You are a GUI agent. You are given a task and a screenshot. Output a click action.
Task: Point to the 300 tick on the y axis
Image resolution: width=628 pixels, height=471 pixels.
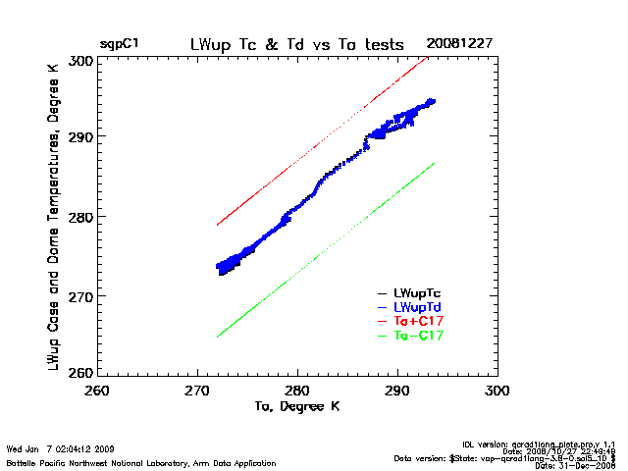[x=81, y=60]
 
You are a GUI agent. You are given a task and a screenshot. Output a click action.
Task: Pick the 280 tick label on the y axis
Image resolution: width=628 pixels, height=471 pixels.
[x=81, y=216]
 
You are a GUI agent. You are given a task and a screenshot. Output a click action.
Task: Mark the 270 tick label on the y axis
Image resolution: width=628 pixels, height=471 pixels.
[x=81, y=295]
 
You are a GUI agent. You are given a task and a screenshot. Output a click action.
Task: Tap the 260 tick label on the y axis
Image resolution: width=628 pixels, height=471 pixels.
[x=81, y=372]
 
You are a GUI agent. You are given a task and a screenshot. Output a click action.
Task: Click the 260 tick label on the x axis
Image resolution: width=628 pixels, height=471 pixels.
[x=97, y=391]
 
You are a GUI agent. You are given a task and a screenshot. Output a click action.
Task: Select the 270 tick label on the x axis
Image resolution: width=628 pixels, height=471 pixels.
[x=198, y=391]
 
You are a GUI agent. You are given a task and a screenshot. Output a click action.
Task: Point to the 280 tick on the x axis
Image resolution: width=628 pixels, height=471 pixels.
[x=298, y=391]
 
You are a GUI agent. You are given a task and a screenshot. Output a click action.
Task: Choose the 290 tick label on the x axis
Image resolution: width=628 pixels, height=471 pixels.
[x=398, y=391]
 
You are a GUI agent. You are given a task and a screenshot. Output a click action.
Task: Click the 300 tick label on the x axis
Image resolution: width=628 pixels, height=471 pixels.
[x=498, y=391]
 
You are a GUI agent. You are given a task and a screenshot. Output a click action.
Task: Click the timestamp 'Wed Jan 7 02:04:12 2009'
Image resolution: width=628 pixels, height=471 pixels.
[x=62, y=448]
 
